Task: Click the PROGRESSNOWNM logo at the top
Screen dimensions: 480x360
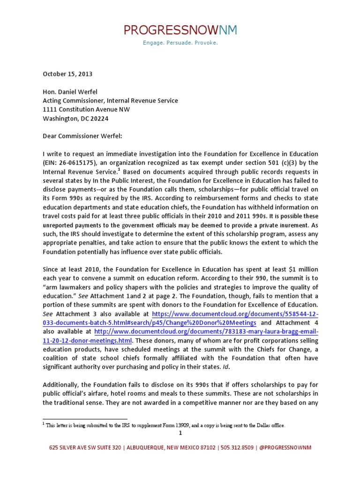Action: (x=180, y=30)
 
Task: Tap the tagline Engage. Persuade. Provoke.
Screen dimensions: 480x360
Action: (x=180, y=43)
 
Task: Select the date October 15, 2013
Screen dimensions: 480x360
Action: (x=67, y=74)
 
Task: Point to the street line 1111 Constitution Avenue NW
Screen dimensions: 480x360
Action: (x=87, y=110)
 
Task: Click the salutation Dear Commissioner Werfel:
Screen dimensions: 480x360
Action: (x=82, y=136)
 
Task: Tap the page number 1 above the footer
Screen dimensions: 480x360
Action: (x=180, y=433)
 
